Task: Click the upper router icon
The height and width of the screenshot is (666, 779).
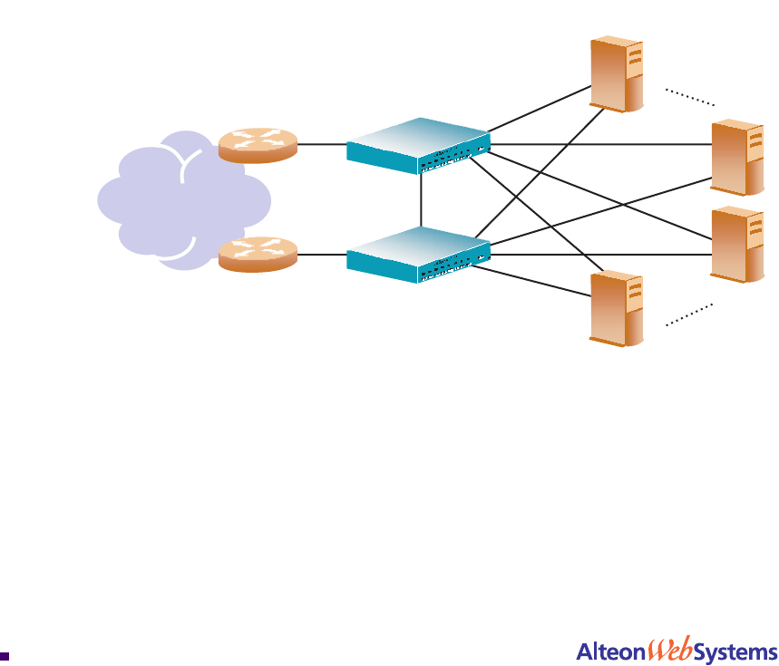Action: (x=258, y=145)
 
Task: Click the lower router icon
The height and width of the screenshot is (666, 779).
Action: (x=258, y=254)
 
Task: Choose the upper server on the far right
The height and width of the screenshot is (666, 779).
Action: (x=738, y=158)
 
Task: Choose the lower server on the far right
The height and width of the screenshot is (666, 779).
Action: (x=738, y=245)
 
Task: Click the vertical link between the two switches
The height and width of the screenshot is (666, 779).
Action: (x=422, y=199)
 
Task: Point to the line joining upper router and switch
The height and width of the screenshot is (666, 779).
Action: (x=322, y=143)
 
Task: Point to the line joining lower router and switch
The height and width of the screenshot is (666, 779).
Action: (x=322, y=255)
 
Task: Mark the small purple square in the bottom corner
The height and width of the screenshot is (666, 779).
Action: (x=5, y=654)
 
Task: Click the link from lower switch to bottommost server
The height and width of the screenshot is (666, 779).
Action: (x=535, y=282)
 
